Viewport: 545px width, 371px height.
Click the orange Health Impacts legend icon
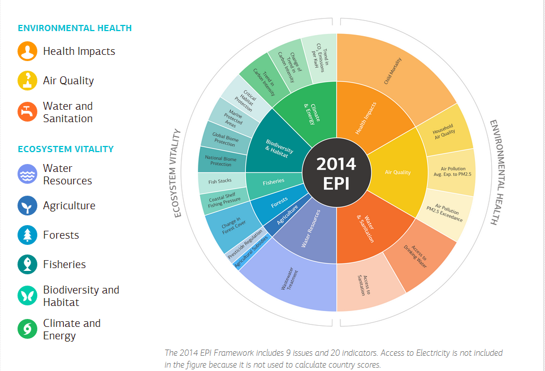click(27, 51)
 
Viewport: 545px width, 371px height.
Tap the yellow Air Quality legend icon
click(27, 80)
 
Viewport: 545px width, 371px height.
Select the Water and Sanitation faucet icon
click(27, 111)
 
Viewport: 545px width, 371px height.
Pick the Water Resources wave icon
click(27, 174)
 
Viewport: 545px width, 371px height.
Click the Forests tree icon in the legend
click(27, 235)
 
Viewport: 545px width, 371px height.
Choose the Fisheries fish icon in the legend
click(27, 264)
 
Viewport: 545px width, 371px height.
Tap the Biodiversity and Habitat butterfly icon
click(27, 295)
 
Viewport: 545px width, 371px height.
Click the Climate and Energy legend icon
click(27, 329)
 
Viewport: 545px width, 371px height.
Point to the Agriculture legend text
click(69, 206)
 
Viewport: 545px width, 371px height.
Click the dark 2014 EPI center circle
click(336, 173)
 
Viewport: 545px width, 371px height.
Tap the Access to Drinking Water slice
click(418, 254)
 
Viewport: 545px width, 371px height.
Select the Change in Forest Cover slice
click(230, 227)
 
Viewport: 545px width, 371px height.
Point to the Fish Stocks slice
click(220, 182)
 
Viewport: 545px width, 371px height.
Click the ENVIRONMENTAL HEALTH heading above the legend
click(75, 28)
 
